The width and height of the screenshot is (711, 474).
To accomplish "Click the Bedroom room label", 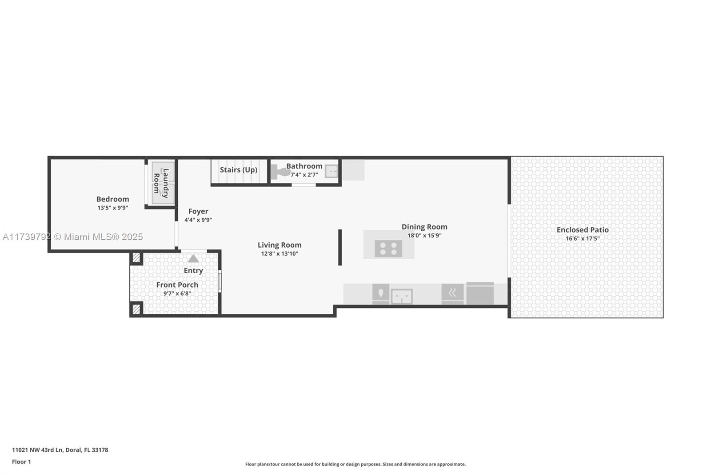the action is pyautogui.click(x=113, y=199).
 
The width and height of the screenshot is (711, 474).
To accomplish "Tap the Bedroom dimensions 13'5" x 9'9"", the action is pyautogui.click(x=113, y=208).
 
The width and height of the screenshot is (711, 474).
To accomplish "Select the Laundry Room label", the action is pyautogui.click(x=161, y=183).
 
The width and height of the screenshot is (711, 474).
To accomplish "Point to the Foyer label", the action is pyautogui.click(x=198, y=211).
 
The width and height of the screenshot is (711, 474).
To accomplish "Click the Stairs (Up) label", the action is pyautogui.click(x=239, y=170).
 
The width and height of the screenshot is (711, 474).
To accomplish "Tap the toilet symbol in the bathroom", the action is pyautogui.click(x=280, y=172).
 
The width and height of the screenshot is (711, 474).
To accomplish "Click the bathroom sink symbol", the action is pyautogui.click(x=331, y=172).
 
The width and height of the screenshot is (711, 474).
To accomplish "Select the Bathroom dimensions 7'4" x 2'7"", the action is pyautogui.click(x=304, y=175).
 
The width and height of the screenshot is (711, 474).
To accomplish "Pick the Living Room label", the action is pyautogui.click(x=280, y=245).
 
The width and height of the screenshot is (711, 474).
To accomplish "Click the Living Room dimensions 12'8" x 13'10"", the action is pyautogui.click(x=280, y=253).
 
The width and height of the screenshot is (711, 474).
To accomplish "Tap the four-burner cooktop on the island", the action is pyautogui.click(x=388, y=249).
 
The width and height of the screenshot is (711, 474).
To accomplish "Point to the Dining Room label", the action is pyautogui.click(x=424, y=227).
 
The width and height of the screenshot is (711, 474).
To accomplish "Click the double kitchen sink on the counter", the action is pyautogui.click(x=402, y=297).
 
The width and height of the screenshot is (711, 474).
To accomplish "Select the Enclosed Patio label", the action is pyautogui.click(x=583, y=230).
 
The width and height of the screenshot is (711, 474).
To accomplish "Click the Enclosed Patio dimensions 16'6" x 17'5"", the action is pyautogui.click(x=583, y=238).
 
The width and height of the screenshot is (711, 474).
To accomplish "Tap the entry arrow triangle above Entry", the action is pyautogui.click(x=193, y=259).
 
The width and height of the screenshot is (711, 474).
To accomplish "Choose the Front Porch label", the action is pyautogui.click(x=177, y=285).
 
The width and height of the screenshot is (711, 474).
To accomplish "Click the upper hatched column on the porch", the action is pyautogui.click(x=136, y=257).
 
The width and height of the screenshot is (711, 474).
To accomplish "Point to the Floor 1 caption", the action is pyautogui.click(x=21, y=462).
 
